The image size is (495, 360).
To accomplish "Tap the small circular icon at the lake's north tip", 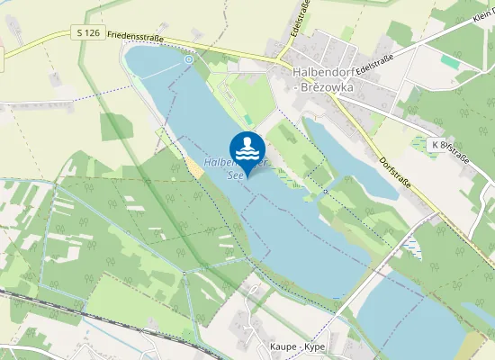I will (189, 59).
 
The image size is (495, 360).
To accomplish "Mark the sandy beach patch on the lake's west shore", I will (194, 168).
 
